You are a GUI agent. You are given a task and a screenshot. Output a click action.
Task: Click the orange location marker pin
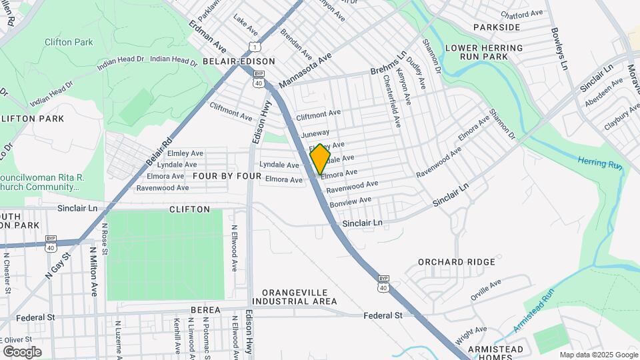coord(320,159)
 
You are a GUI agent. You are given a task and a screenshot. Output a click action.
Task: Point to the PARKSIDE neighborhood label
coord(497,27)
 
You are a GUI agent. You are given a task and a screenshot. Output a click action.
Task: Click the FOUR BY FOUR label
coord(227,176)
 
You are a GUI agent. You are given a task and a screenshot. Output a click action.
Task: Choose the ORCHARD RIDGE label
coord(457,262)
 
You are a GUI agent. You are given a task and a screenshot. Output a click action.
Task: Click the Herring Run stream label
coord(599,162)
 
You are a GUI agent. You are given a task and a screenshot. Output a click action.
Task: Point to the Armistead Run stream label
coord(534,311)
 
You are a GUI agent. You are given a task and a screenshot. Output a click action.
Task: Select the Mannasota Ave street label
coord(305,71)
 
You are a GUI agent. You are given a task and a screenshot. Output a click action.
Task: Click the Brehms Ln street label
coord(388,65)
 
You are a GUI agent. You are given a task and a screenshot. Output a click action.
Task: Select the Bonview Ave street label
coord(351,201)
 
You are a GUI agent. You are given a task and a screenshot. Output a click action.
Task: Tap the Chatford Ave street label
coord(522,14)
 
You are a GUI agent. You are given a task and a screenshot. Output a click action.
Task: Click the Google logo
coord(22,351)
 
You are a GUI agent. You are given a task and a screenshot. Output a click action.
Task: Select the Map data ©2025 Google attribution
coord(598,355)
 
